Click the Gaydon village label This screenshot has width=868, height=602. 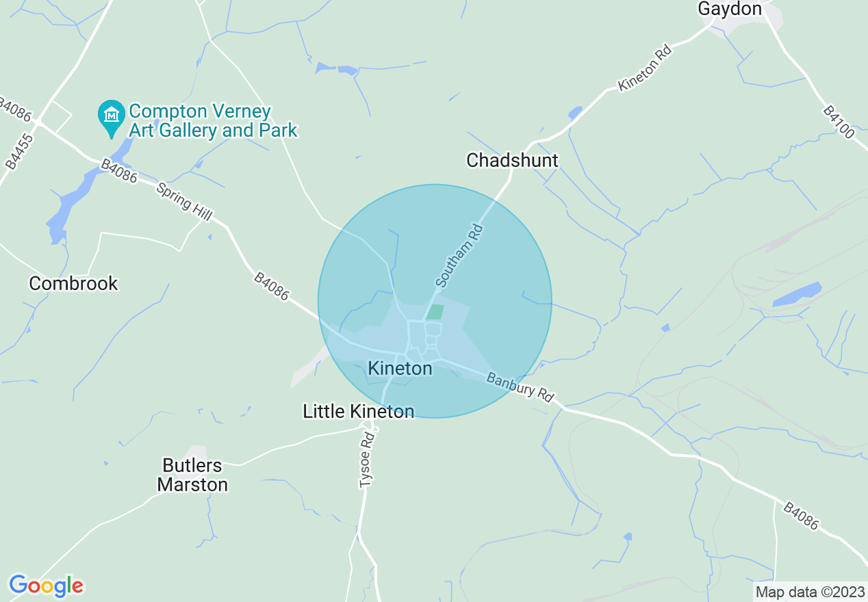click(x=729, y=9)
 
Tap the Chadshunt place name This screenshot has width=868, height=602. click(x=512, y=161)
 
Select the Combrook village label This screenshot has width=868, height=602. click(x=73, y=283)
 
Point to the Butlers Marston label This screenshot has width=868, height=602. click(x=192, y=475)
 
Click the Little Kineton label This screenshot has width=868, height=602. click(x=358, y=411)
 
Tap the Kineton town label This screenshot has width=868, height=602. click(x=400, y=369)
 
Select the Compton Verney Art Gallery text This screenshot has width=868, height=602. click(x=212, y=120)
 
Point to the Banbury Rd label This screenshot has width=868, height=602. click(x=520, y=387)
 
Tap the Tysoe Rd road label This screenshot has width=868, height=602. click(x=368, y=460)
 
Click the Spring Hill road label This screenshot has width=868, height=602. click(x=183, y=201)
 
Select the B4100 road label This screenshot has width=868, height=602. click(x=839, y=122)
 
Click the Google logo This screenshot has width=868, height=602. click(x=46, y=586)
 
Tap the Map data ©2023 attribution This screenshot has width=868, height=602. click(x=808, y=592)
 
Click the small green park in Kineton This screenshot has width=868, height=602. click(x=435, y=312)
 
